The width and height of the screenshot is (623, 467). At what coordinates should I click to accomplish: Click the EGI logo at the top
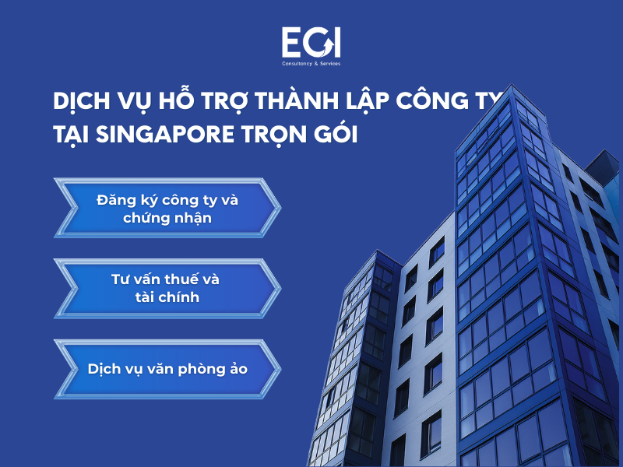click(311, 43)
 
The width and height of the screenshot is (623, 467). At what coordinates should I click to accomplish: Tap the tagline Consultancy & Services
click(311, 64)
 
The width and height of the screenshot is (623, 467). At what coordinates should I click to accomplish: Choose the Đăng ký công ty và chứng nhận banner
click(167, 209)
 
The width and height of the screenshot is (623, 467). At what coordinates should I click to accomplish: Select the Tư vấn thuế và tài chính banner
click(167, 288)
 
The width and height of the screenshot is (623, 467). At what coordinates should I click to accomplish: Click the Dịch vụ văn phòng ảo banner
click(167, 368)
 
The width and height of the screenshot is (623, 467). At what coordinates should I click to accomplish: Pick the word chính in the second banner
click(181, 297)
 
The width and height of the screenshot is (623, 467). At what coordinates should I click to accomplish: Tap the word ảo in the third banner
click(238, 369)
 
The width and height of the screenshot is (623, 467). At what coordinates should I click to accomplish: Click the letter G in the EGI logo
click(313, 43)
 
